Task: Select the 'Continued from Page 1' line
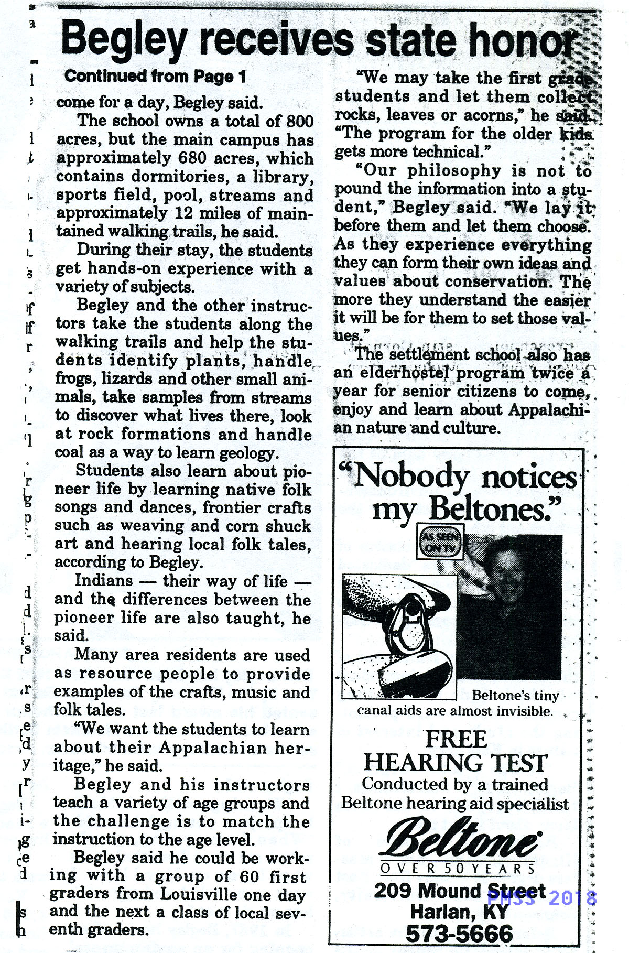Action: pyautogui.click(x=155, y=77)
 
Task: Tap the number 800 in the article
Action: pyautogui.click(x=300, y=121)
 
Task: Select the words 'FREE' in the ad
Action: pyautogui.click(x=456, y=739)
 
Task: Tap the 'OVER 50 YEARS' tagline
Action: pyautogui.click(x=458, y=869)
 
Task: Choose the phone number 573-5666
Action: pyautogui.click(x=459, y=933)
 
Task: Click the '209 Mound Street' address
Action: pyautogui.click(x=459, y=891)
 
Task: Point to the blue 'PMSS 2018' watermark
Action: pyautogui.click(x=541, y=898)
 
